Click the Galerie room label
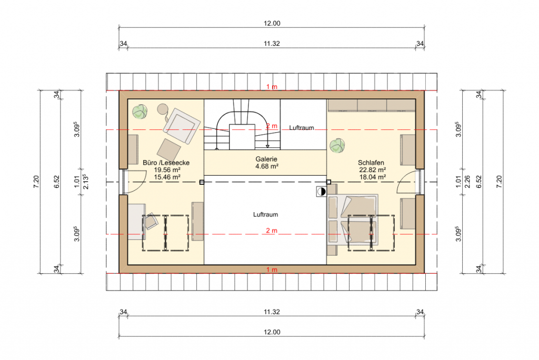tap(266, 159)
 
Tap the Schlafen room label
tap(371, 163)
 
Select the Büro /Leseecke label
tap(166, 163)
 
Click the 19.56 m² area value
tap(167, 170)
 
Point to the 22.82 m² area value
tap(372, 170)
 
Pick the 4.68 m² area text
tap(267, 166)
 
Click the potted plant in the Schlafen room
tap(337, 145)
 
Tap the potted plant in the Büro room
tap(140, 112)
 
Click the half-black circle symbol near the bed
tap(322, 192)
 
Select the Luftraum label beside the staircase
tap(302, 127)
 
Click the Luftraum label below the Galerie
tap(265, 215)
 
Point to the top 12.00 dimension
tap(272, 23)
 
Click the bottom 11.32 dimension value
tap(272, 312)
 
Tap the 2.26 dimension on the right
tap(467, 182)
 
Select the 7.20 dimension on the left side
tap(36, 182)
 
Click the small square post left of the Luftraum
tap(202, 182)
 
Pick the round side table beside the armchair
tap(162, 109)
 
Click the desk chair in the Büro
tap(150, 221)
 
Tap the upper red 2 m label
tap(272, 126)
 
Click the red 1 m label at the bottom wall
tap(272, 269)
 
